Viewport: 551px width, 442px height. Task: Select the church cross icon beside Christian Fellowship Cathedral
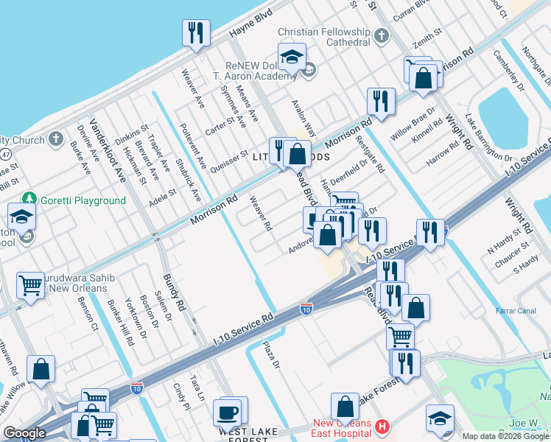pos(381,35)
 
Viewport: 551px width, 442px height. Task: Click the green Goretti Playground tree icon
pos(29,199)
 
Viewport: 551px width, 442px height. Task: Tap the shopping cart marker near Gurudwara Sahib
pos(30,284)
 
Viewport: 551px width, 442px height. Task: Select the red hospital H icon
pos(381,427)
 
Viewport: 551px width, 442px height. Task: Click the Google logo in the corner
pos(24,433)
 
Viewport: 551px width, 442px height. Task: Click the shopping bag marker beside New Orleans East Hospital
pos(345,406)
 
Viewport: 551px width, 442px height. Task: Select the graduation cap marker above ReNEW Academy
pos(292,56)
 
